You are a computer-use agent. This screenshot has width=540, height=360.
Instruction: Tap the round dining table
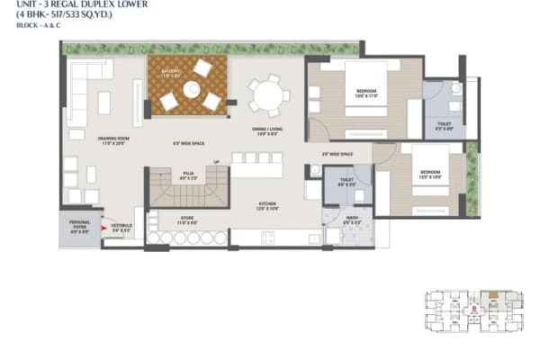click(268, 94)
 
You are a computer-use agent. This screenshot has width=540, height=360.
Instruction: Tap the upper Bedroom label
click(365, 92)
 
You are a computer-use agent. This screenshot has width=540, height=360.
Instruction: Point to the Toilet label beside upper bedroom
click(445, 127)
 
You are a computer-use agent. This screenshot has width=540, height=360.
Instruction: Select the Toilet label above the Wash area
click(346, 183)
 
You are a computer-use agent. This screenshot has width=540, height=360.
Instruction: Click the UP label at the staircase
click(215, 163)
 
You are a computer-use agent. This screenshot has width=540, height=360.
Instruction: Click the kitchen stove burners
click(266, 238)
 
